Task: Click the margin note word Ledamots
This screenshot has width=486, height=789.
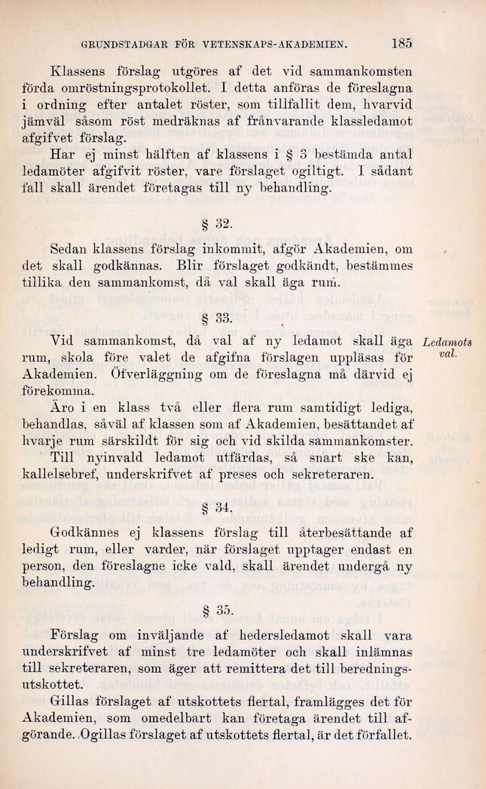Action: (x=449, y=344)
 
